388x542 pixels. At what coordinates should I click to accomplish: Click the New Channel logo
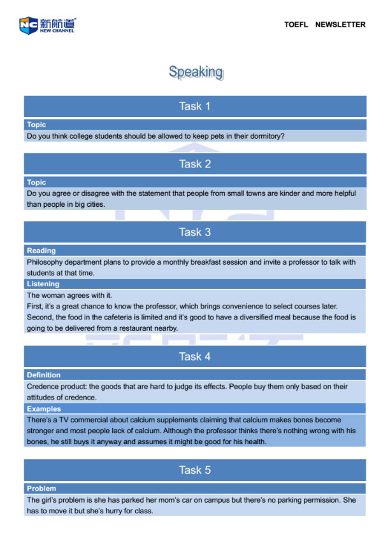(x=47, y=25)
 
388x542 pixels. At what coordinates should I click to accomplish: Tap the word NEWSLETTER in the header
(x=340, y=25)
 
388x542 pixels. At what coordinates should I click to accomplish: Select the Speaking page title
(x=196, y=72)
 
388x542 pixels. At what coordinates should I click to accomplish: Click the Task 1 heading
(x=195, y=106)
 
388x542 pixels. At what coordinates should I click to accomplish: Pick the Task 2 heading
(x=195, y=164)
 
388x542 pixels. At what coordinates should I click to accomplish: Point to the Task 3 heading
(x=195, y=232)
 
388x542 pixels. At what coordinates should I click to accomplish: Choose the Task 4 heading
(x=195, y=356)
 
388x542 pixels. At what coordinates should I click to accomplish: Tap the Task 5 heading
(x=195, y=470)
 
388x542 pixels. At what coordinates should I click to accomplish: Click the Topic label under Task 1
(x=36, y=125)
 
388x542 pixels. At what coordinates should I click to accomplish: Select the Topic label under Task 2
(x=36, y=183)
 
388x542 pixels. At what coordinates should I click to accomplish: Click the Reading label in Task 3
(x=41, y=251)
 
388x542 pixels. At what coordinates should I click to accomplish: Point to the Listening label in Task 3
(x=43, y=284)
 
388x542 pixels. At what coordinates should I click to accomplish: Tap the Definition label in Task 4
(x=44, y=375)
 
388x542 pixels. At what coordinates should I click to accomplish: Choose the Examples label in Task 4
(x=44, y=409)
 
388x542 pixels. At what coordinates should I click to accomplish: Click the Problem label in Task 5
(x=41, y=489)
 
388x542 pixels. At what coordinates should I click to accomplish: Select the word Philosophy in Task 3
(x=47, y=262)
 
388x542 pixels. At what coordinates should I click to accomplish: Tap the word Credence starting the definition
(x=44, y=387)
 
